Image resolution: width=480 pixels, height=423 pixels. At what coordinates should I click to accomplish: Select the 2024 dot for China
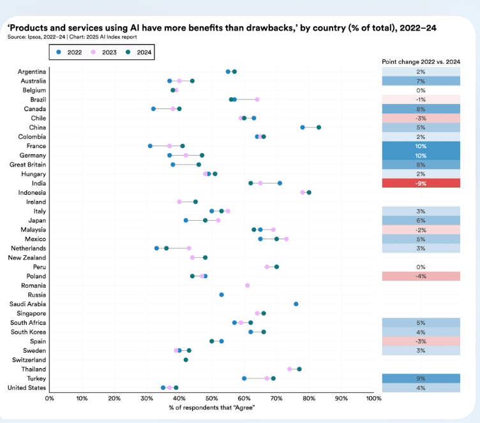pos(319,127)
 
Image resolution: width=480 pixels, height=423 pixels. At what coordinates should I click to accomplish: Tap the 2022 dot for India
pos(280,183)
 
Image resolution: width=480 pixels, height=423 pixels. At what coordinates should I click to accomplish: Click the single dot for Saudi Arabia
pos(296,304)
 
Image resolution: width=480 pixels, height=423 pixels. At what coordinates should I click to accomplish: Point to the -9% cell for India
pos(421,183)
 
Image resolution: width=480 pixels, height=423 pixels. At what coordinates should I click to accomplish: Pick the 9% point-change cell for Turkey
pos(421,378)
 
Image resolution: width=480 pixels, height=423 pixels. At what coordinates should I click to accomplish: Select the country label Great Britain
pos(27,165)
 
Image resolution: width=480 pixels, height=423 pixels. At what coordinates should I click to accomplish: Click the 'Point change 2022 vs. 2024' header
pos(421,61)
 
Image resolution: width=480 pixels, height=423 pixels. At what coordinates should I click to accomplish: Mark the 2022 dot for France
pos(150,146)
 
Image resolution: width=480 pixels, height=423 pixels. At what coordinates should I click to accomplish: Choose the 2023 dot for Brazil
pos(257,100)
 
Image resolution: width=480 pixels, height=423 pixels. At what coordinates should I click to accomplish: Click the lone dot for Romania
pos(247,285)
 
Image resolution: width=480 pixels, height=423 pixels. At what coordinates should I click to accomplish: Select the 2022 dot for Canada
pos(153,108)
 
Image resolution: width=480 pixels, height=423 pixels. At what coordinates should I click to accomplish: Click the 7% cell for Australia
pos(421,81)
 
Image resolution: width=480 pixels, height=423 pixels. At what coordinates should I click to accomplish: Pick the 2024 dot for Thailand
pos(299,369)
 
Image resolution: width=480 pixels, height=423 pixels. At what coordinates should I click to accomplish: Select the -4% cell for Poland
pos(421,276)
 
